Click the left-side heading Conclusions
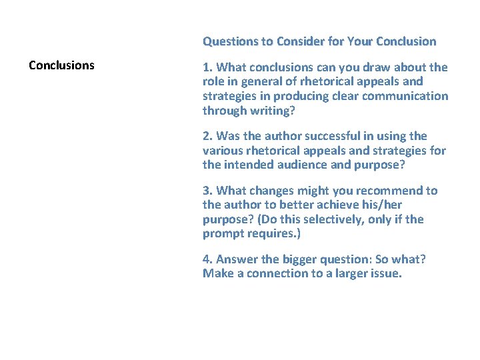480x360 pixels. pyautogui.click(x=61, y=65)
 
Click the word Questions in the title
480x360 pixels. pyautogui.click(x=231, y=41)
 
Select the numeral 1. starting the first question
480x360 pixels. pyautogui.click(x=208, y=67)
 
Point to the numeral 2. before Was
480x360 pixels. pyautogui.click(x=208, y=136)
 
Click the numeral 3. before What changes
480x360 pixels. pyautogui.click(x=208, y=191)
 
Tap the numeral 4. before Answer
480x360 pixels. pyautogui.click(x=208, y=259)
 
